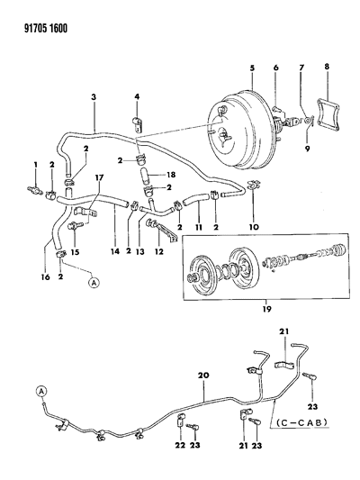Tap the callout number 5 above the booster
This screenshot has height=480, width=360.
pos(252,68)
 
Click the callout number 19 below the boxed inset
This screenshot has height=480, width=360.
pos(266,309)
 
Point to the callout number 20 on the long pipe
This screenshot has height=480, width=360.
pos(204,375)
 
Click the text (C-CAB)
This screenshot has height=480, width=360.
pos(301,422)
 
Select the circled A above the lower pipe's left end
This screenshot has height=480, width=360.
pos(41,391)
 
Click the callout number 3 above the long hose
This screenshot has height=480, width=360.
pos(94,97)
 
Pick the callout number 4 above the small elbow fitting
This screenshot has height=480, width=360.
pos(137,97)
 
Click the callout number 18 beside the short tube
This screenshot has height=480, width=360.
pos(172,175)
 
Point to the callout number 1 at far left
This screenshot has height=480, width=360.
pos(36,165)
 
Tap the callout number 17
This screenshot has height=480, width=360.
pos(99,177)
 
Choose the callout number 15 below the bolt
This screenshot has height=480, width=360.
pos(75,252)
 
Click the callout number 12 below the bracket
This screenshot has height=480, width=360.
pos(159,251)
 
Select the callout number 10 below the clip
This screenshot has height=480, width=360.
pos(254,227)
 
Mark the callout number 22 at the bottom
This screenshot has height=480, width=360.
pos(180,445)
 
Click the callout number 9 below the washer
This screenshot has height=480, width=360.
pos(307,149)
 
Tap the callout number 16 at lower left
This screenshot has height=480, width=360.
pos(45,277)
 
